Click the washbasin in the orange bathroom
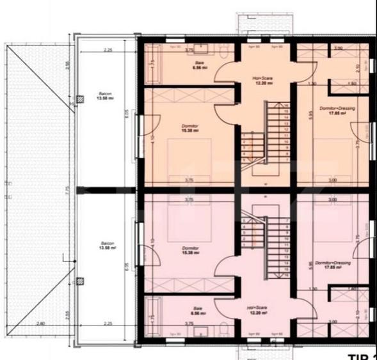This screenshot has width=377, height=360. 196,49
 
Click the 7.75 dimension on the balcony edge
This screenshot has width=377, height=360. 67,189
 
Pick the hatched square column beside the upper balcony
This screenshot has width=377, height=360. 79,99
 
